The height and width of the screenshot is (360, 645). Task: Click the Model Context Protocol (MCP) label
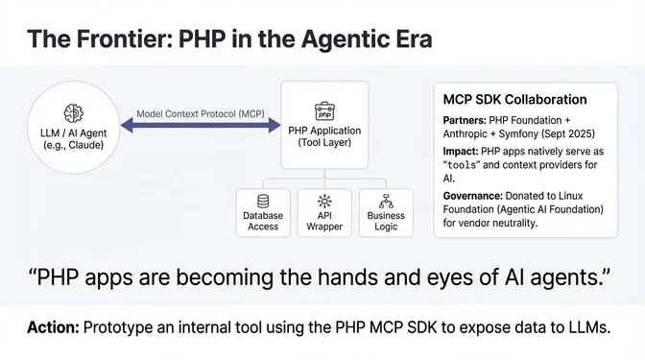click(x=200, y=113)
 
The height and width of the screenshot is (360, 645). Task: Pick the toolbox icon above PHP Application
click(x=324, y=108)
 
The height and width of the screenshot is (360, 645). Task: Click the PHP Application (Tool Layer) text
click(x=324, y=135)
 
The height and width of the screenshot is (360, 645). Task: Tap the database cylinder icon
click(x=263, y=201)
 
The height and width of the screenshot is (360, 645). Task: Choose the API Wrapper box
click(x=325, y=213)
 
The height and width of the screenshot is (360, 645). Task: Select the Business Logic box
click(x=387, y=213)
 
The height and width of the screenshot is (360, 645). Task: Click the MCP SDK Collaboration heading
click(x=514, y=99)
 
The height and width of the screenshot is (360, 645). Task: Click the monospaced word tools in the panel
click(x=469, y=164)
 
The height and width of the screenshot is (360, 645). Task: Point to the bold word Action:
click(x=52, y=328)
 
